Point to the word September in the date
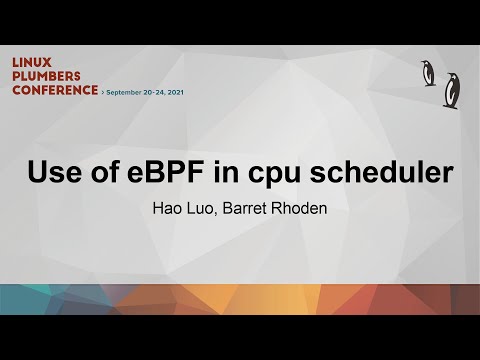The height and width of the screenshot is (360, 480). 128,90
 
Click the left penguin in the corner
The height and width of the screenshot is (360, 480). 429,73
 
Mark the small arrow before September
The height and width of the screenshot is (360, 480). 103,90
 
